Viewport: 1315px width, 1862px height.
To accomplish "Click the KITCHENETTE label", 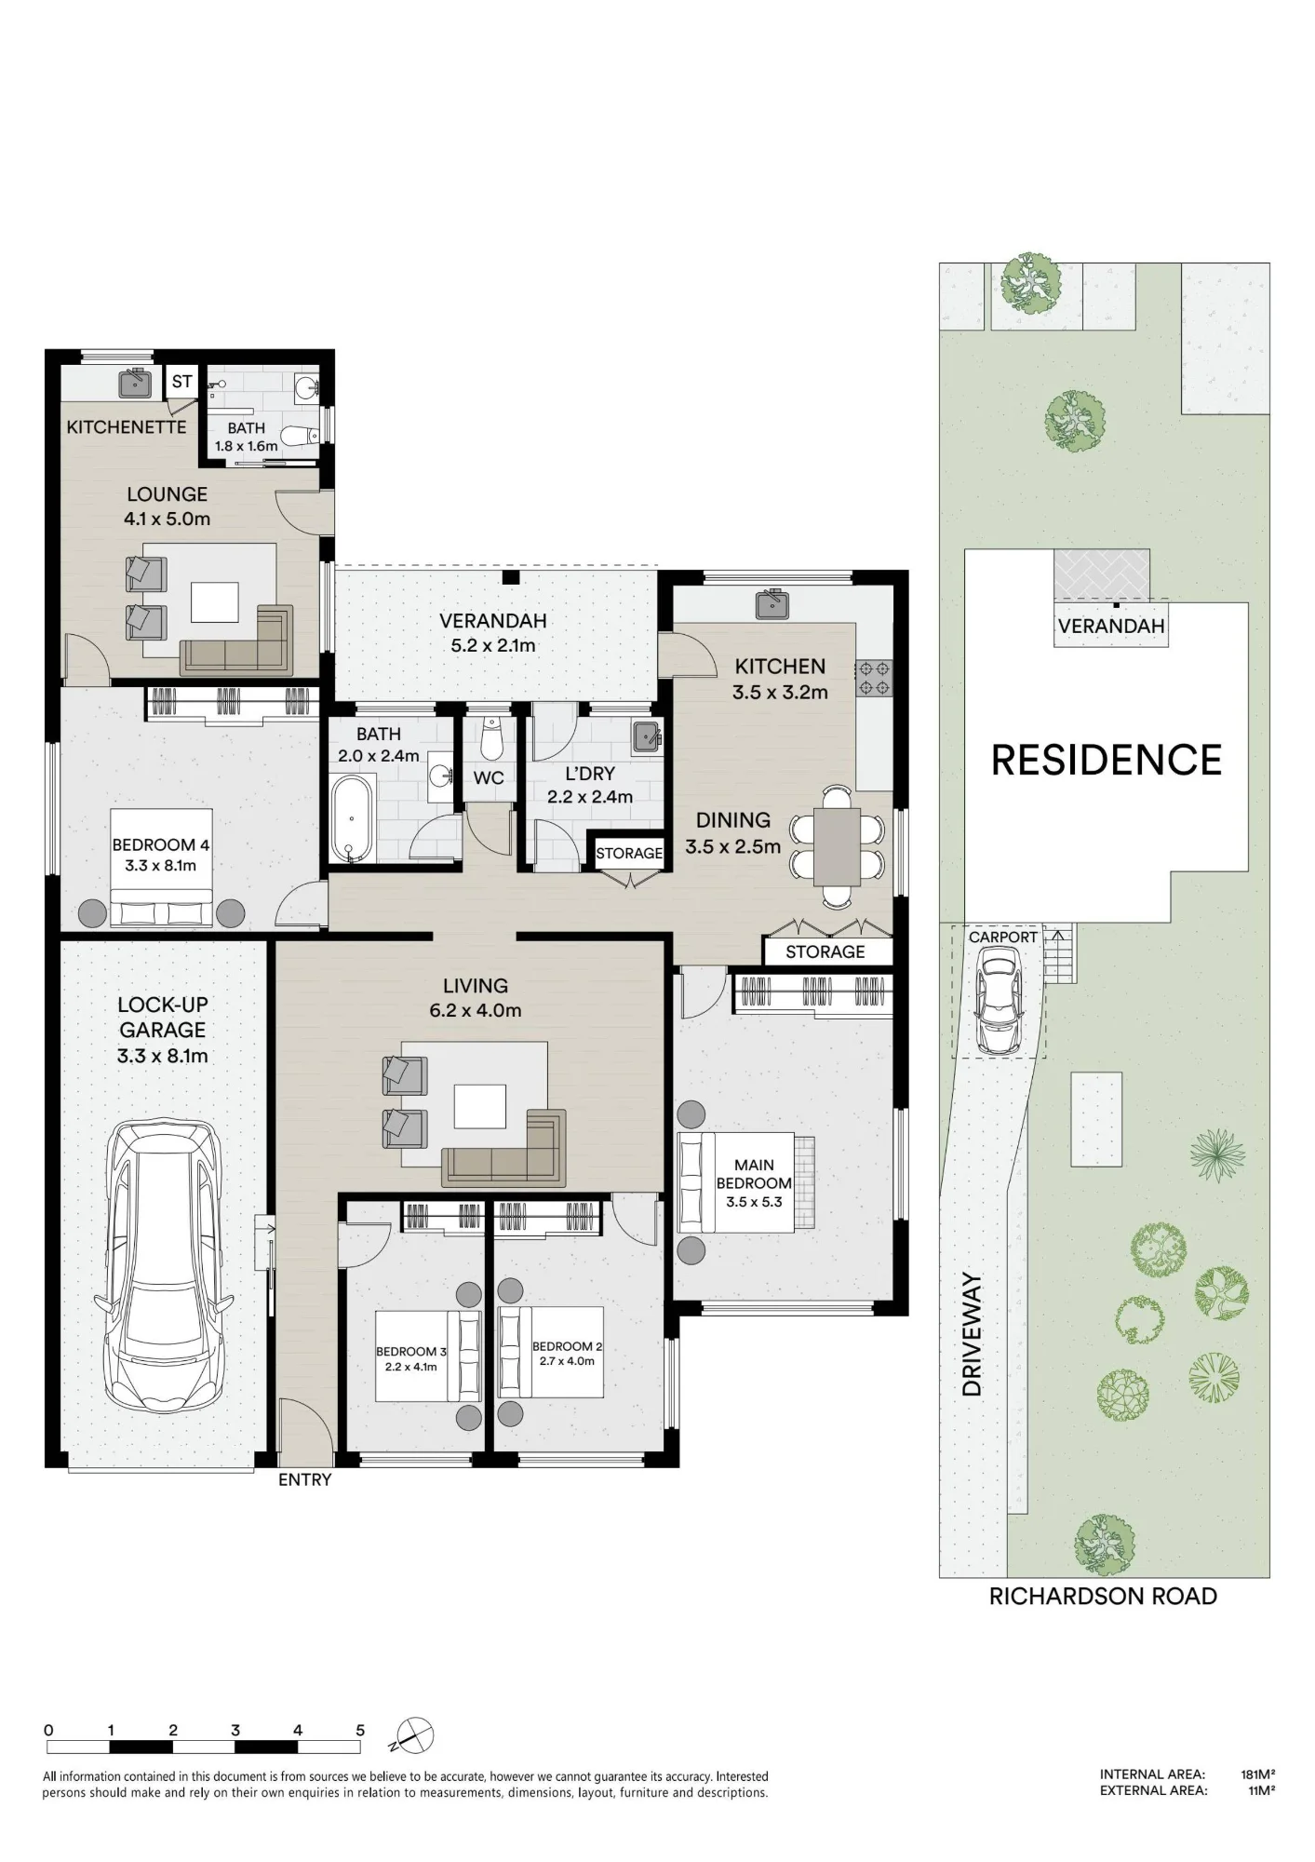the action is point(127,427).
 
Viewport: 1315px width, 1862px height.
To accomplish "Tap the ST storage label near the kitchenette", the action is point(181,382).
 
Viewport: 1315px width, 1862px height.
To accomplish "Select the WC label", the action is point(489,777).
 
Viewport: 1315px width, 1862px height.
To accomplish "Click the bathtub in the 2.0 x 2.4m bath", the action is point(352,818).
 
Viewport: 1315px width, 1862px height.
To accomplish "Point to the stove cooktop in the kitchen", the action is point(874,678).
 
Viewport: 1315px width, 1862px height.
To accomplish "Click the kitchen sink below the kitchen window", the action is point(772,604).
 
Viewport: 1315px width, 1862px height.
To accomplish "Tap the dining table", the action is point(837,847).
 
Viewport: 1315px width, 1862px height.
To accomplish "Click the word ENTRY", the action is point(304,1479).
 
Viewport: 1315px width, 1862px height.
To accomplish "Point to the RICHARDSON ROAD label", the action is point(1103,1596).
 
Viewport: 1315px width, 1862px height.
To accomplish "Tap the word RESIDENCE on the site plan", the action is point(1107,760).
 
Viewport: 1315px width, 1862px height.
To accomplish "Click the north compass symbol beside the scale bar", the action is point(415,1734).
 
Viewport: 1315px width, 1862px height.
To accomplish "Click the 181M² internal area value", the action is point(1257,1774).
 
